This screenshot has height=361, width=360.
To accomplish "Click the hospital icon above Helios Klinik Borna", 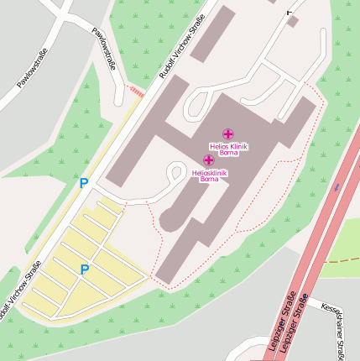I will coord(228,133).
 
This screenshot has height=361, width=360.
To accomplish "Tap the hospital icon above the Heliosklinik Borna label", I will coord(208,160).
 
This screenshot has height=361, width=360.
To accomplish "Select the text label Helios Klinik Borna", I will coord(228,149).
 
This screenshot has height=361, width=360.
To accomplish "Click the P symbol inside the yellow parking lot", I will coord(84,269).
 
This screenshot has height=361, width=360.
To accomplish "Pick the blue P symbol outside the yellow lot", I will coord(83,182).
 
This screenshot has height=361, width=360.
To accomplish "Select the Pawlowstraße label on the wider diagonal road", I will coord(32,69).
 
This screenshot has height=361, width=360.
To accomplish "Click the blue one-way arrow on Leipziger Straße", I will coord(337,187).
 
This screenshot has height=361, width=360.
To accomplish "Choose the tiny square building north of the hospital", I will coord(291,21).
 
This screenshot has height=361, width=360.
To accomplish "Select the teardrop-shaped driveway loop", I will coord(176,173).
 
